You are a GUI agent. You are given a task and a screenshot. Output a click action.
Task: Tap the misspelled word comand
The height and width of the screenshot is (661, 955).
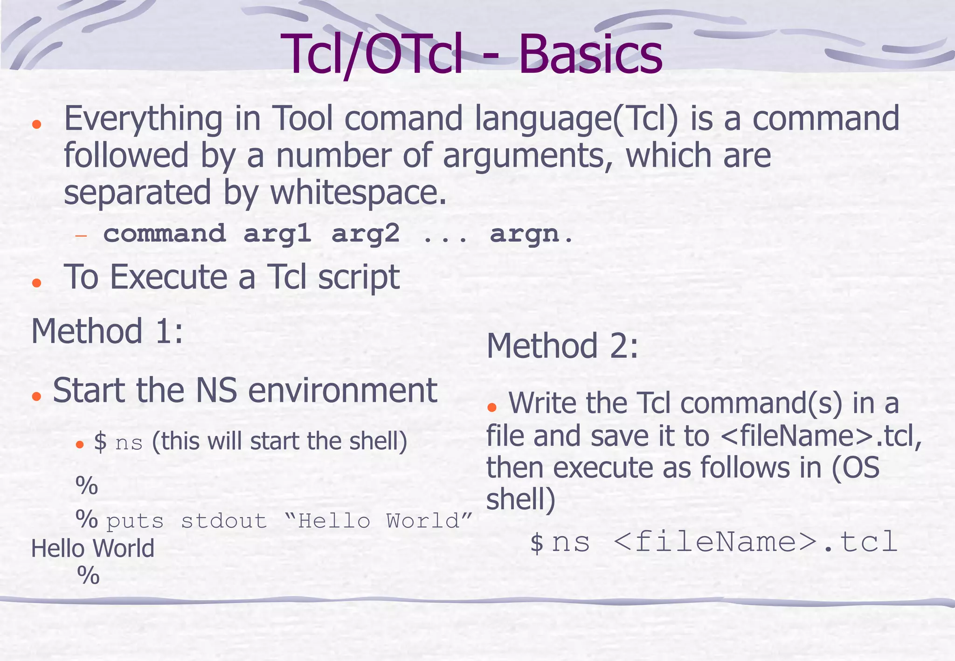click(x=403, y=118)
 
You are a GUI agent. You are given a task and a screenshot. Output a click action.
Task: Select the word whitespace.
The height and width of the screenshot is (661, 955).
click(x=358, y=193)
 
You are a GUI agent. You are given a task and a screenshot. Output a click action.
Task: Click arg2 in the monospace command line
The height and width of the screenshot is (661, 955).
click(x=365, y=233)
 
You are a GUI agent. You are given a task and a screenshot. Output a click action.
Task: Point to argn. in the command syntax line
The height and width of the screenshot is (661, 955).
click(x=531, y=234)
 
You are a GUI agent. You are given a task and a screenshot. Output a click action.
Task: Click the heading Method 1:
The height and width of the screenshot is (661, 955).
click(x=107, y=331)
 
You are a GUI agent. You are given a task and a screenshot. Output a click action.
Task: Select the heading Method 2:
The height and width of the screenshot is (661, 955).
click(x=562, y=346)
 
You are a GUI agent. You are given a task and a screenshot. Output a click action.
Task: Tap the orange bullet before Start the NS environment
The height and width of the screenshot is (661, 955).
click(x=36, y=396)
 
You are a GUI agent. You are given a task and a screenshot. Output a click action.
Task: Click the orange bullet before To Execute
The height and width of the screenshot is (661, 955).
click(x=36, y=282)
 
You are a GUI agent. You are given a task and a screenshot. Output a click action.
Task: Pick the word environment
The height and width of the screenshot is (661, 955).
click(x=342, y=391)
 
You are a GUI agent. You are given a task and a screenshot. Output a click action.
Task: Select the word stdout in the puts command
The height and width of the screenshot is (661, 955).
click(x=224, y=521)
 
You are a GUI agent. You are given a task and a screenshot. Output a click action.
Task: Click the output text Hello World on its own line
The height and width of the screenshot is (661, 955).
click(x=92, y=548)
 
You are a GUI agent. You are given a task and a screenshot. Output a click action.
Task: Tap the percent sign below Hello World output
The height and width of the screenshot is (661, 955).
click(x=88, y=576)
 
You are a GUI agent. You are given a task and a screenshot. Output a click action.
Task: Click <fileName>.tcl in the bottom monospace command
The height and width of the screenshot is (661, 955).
click(x=755, y=542)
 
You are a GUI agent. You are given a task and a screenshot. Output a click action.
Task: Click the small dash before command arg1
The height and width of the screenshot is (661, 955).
click(x=81, y=235)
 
